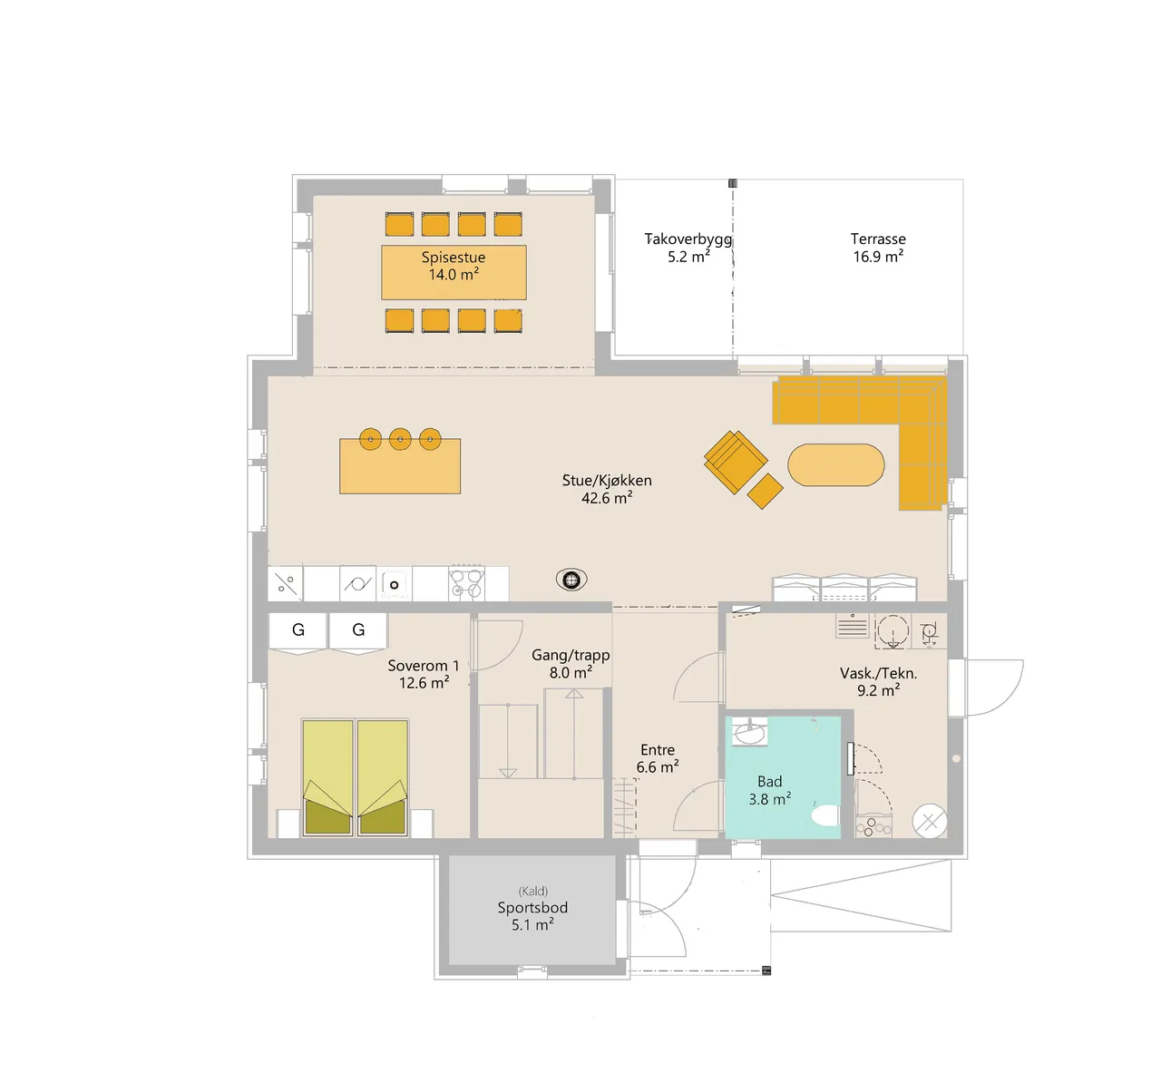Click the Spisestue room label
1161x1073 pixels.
coord(453,258)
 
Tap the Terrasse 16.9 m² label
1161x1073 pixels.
coord(878,248)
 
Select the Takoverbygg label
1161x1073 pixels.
coord(688,239)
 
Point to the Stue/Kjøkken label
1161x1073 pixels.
coord(607,480)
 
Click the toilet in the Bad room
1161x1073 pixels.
coord(824,815)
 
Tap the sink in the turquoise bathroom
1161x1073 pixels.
coord(749,732)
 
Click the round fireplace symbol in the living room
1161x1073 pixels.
coord(571,580)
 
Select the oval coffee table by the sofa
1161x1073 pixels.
coord(836,465)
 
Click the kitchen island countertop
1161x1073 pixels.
coord(400,466)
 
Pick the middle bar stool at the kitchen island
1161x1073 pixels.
coord(400,439)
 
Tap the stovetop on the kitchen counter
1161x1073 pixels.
coord(466,582)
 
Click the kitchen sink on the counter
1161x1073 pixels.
coord(394,583)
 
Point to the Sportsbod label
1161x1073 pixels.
coord(532,908)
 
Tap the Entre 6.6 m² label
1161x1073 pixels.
coord(658,758)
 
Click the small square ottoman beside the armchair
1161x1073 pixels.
coord(765,492)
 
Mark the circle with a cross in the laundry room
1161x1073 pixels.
coord(929,822)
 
